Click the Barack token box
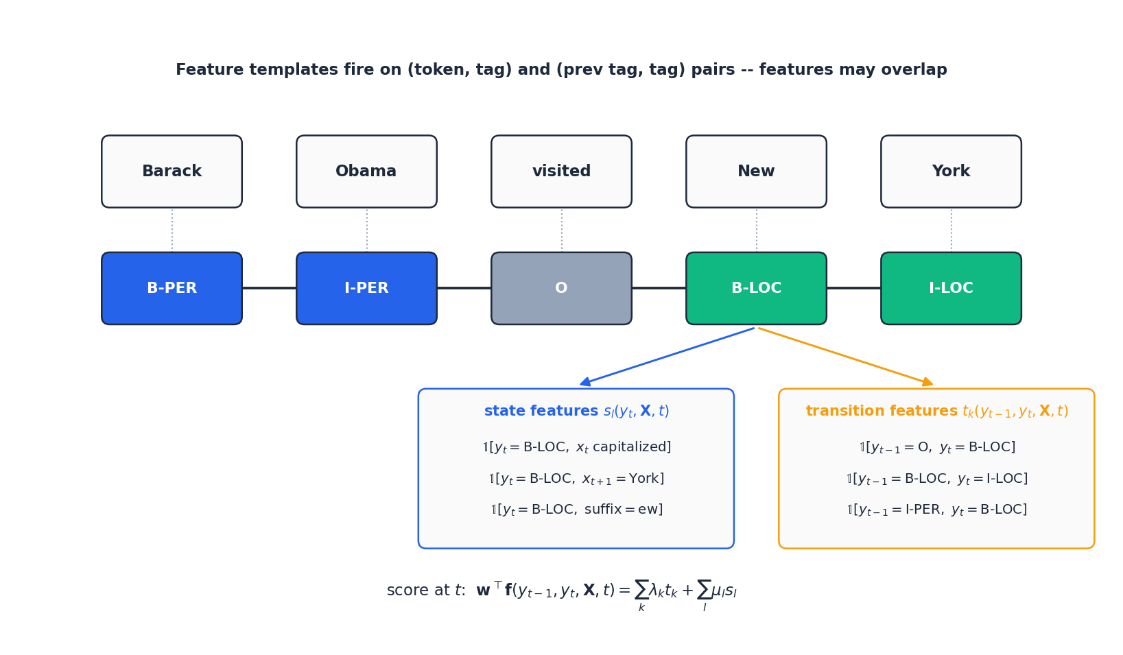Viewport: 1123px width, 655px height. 172,171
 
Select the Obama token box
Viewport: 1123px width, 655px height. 366,171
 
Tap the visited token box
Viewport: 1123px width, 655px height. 561,171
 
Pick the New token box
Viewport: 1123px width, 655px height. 756,171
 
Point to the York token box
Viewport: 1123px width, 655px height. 951,171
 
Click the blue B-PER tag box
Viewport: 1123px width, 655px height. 172,288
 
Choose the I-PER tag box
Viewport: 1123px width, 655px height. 366,288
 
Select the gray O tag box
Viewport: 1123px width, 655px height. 561,288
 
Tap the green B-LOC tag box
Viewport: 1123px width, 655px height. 756,288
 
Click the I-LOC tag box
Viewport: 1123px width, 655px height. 951,288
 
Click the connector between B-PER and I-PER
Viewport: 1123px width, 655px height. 269,288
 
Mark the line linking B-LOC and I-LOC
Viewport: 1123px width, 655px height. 854,288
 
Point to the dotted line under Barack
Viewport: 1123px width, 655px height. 172,230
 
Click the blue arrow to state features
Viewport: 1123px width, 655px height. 667,357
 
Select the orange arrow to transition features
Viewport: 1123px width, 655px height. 846,357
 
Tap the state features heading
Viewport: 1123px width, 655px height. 576,412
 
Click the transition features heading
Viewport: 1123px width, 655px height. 936,412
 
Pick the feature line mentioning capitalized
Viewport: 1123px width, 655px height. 576,447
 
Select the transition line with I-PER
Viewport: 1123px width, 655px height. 936,510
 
